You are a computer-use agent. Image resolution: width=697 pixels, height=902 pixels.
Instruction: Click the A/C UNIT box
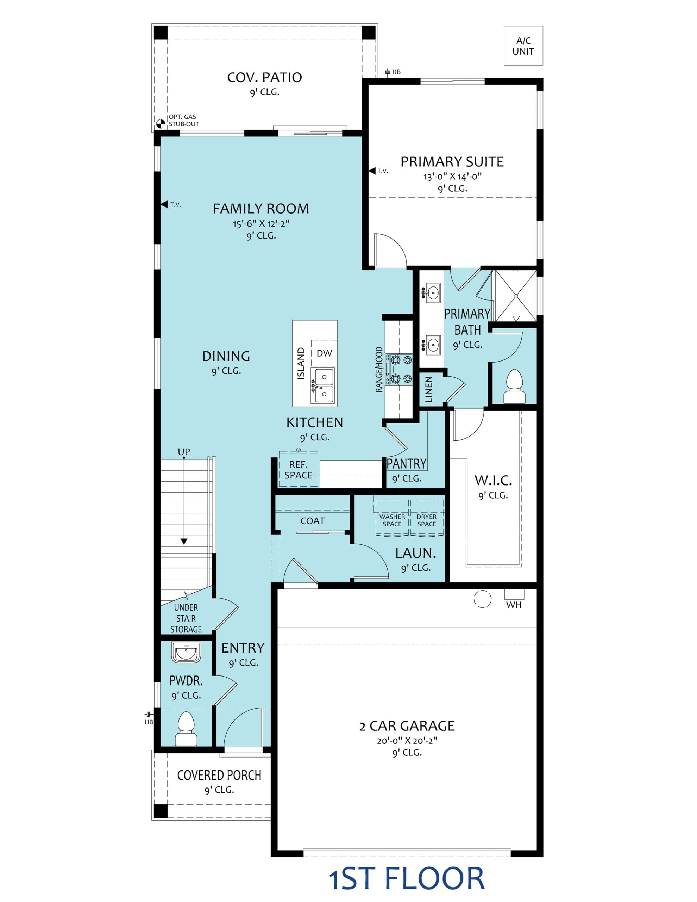click(523, 46)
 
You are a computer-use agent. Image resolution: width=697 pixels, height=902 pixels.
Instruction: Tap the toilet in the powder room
click(186, 729)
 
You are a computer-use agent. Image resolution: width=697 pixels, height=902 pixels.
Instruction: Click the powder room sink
click(186, 652)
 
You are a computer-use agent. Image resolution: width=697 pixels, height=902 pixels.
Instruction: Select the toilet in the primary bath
click(514, 386)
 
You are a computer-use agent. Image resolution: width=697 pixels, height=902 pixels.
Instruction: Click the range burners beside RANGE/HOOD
click(399, 369)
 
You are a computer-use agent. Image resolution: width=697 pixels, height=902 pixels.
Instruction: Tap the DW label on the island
click(324, 353)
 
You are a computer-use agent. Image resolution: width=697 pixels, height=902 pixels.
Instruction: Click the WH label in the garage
click(514, 605)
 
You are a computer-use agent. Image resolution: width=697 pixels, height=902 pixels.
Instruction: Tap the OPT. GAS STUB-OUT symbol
click(161, 123)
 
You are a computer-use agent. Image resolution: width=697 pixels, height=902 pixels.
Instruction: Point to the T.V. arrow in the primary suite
click(372, 171)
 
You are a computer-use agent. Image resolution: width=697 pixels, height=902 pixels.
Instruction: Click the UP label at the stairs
click(184, 452)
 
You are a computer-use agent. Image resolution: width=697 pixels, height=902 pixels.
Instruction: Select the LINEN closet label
click(429, 389)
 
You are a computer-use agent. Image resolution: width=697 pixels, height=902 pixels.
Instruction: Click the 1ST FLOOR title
click(407, 878)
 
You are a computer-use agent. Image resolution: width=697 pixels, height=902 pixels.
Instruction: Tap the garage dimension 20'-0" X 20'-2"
click(407, 741)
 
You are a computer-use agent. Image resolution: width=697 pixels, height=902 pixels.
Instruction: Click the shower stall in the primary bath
click(516, 296)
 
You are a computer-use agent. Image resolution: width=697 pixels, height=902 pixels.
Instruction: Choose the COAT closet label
click(312, 521)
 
